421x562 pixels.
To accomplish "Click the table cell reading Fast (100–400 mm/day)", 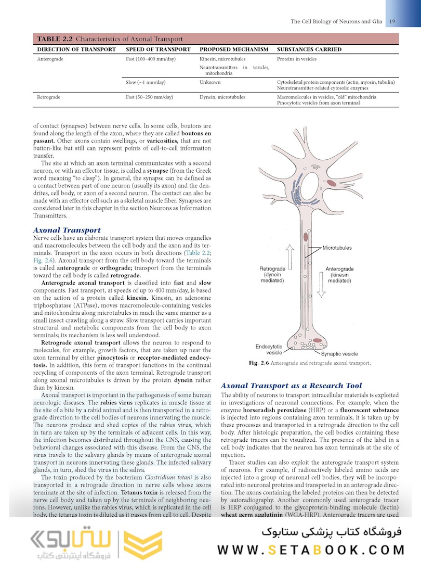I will coord(151,59).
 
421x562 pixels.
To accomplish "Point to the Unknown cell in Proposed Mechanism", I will coord(210,82).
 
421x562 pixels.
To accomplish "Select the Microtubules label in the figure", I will coord(337,248).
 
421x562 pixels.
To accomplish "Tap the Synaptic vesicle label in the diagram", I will coord(339,354).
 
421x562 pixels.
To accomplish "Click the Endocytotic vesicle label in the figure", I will coord(269,349).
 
